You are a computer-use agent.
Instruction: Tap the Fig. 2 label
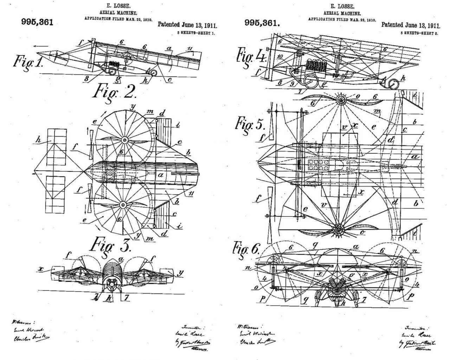pos(114,92)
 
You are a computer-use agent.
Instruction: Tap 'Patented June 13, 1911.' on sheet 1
pos(187,25)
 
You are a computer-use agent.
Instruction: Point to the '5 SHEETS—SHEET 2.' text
pos(420,32)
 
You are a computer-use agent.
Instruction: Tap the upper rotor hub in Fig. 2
pos(124,140)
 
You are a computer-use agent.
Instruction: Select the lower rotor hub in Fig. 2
pos(123,204)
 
